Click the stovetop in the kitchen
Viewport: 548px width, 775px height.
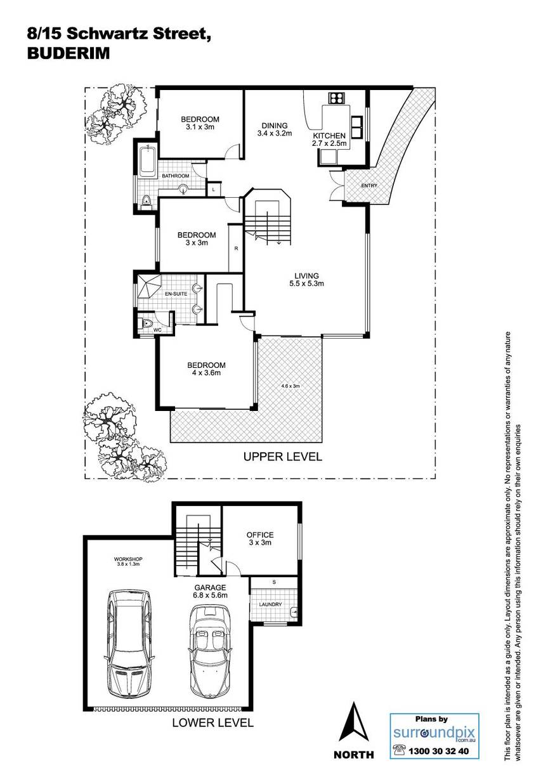pyautogui.click(x=336, y=98)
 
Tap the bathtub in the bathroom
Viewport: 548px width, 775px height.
pyautogui.click(x=148, y=162)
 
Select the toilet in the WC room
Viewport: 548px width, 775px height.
pyautogui.click(x=147, y=323)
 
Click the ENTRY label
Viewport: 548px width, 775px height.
pyautogui.click(x=369, y=185)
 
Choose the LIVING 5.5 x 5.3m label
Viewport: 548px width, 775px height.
pyautogui.click(x=306, y=280)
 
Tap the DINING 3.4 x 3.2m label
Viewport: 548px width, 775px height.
pyautogui.click(x=275, y=129)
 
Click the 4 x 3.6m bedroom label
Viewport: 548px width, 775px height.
pyautogui.click(x=206, y=369)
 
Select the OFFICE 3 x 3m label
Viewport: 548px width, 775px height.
pyautogui.click(x=260, y=538)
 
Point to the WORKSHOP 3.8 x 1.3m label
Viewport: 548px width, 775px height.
pyautogui.click(x=128, y=561)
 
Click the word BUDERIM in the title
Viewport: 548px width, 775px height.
pyautogui.click(x=68, y=53)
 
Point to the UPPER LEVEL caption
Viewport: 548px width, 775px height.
pyautogui.click(x=283, y=457)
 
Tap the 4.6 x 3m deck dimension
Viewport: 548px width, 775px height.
pyautogui.click(x=290, y=386)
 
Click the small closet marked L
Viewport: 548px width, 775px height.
pyautogui.click(x=214, y=189)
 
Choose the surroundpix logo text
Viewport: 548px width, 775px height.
pyautogui.click(x=434, y=732)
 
